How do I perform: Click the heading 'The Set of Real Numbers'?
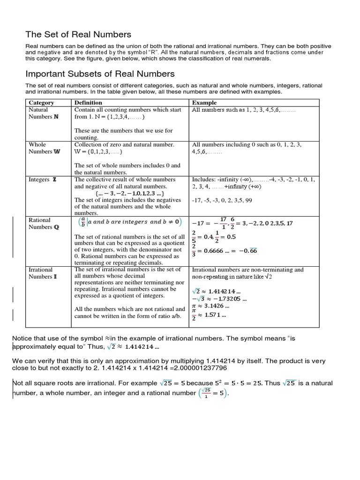(x=78, y=34)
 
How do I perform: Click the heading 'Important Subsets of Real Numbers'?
(x=100, y=74)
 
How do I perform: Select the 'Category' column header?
(x=42, y=102)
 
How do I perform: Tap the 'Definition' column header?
(x=88, y=102)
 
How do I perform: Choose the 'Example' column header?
(x=204, y=102)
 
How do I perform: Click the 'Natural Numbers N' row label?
(x=44, y=113)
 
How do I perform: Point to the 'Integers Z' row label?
(x=43, y=180)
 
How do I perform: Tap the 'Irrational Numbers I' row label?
(x=43, y=273)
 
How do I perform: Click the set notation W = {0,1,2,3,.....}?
(x=98, y=152)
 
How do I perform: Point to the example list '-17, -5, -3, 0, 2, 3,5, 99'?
(x=222, y=200)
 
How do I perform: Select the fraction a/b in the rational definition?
(x=82, y=222)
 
